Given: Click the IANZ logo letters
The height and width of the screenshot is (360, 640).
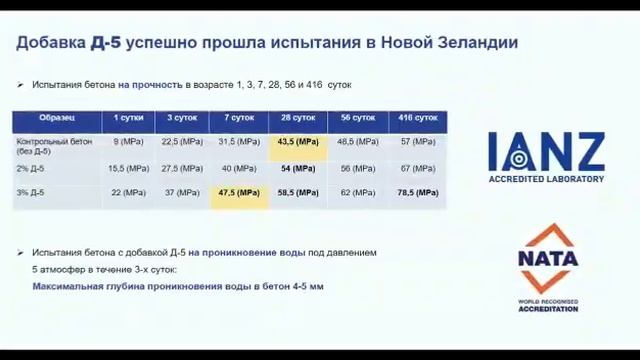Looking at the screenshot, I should (x=546, y=151).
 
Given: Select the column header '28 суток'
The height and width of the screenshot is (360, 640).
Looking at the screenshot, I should (x=297, y=118).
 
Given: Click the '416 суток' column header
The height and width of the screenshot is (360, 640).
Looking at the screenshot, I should (x=418, y=118).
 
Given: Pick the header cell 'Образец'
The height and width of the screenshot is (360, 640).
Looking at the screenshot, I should (x=57, y=118).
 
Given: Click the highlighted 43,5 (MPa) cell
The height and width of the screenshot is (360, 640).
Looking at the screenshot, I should (x=297, y=143).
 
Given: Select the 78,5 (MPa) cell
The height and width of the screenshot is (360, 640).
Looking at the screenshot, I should (x=418, y=192).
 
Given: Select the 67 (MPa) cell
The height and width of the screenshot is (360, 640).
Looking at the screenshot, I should (x=418, y=169).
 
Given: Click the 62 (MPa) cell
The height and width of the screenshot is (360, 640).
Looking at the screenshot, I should (x=358, y=192).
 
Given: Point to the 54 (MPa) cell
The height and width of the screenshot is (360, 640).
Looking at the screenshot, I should (x=297, y=169).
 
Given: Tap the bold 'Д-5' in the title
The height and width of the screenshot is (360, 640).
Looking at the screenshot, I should (x=107, y=43).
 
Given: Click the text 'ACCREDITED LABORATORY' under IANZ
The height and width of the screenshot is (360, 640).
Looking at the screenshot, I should (x=546, y=179).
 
